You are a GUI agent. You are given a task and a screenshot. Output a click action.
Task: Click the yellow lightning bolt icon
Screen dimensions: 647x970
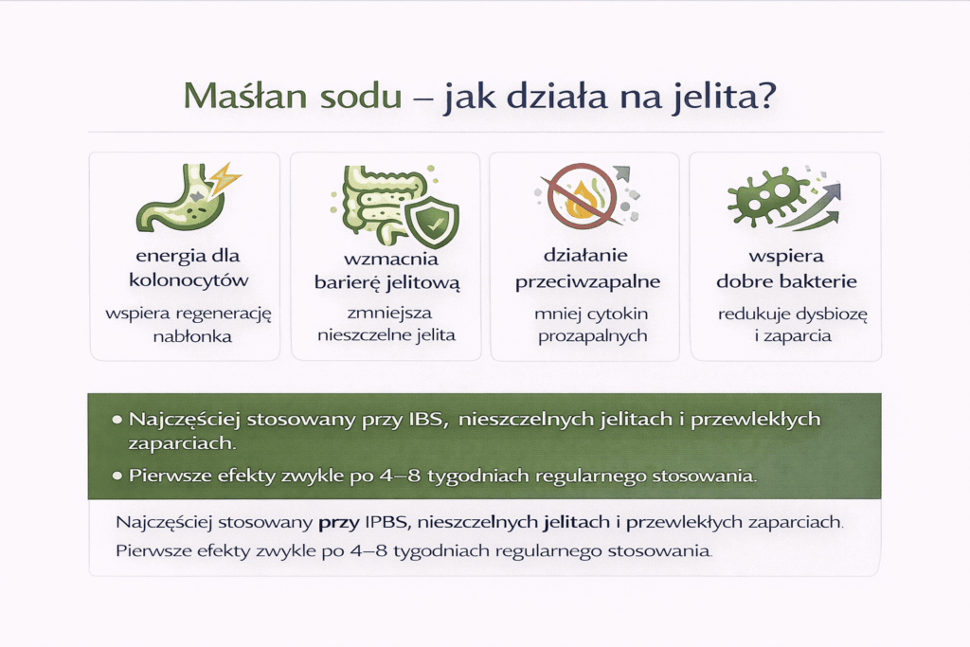point(225,178)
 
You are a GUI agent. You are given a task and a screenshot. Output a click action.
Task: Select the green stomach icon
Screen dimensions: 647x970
point(181,200)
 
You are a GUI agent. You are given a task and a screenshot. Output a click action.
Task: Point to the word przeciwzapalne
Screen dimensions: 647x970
point(587,282)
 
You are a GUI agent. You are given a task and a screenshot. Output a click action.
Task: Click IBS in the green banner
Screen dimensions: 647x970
point(424,420)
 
